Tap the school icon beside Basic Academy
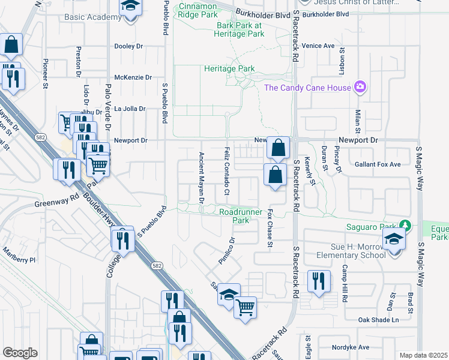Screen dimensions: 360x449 coord(128,7)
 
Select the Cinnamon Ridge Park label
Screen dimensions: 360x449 coord(197,10)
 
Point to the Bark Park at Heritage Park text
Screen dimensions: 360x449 coord(240,30)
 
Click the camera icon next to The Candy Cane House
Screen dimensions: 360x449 coord(360,88)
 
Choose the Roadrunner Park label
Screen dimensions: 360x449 coord(241,216)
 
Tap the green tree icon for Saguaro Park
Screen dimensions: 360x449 coord(406,226)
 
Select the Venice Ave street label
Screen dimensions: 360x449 coord(318,46)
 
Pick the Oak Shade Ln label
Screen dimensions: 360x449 coord(378,320)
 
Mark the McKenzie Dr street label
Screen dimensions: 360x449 coord(133,77)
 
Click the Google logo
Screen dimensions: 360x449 coord(20,353)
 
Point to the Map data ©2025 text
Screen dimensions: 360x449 coord(423,355)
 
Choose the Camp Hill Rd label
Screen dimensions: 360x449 coord(345,282)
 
